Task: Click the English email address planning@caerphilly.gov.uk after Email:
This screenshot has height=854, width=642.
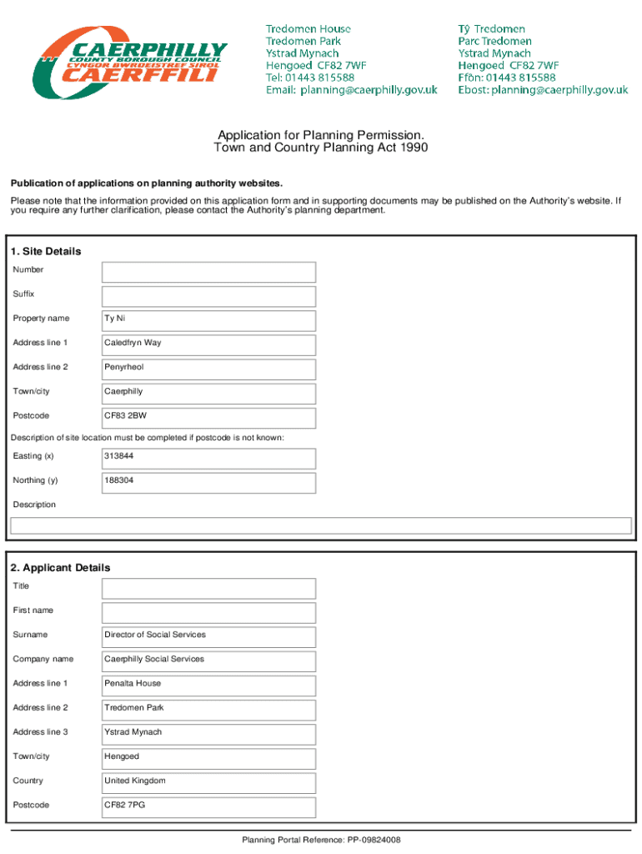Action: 369,90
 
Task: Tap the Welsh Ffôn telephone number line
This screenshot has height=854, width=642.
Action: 507,78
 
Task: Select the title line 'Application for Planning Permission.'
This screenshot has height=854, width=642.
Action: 321,135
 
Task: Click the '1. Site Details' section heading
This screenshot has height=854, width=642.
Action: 45,251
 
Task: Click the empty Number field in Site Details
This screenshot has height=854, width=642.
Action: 208,272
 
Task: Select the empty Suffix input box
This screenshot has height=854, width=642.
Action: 208,296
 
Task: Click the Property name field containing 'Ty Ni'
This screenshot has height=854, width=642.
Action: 208,320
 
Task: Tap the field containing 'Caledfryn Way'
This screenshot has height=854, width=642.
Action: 208,344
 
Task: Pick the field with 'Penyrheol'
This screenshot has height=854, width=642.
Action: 208,369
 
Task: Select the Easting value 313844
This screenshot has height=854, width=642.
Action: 118,456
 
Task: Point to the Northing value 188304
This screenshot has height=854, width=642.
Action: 118,480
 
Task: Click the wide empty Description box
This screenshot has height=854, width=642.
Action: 320,525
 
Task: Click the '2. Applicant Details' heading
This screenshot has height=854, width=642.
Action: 60,568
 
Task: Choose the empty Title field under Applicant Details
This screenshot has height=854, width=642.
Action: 208,588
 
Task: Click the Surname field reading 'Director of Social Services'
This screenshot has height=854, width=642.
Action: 208,636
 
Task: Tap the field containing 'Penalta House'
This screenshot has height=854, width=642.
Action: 208,686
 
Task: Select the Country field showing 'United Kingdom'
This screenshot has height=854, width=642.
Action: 208,782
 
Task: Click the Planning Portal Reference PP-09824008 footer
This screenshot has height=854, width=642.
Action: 321,840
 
